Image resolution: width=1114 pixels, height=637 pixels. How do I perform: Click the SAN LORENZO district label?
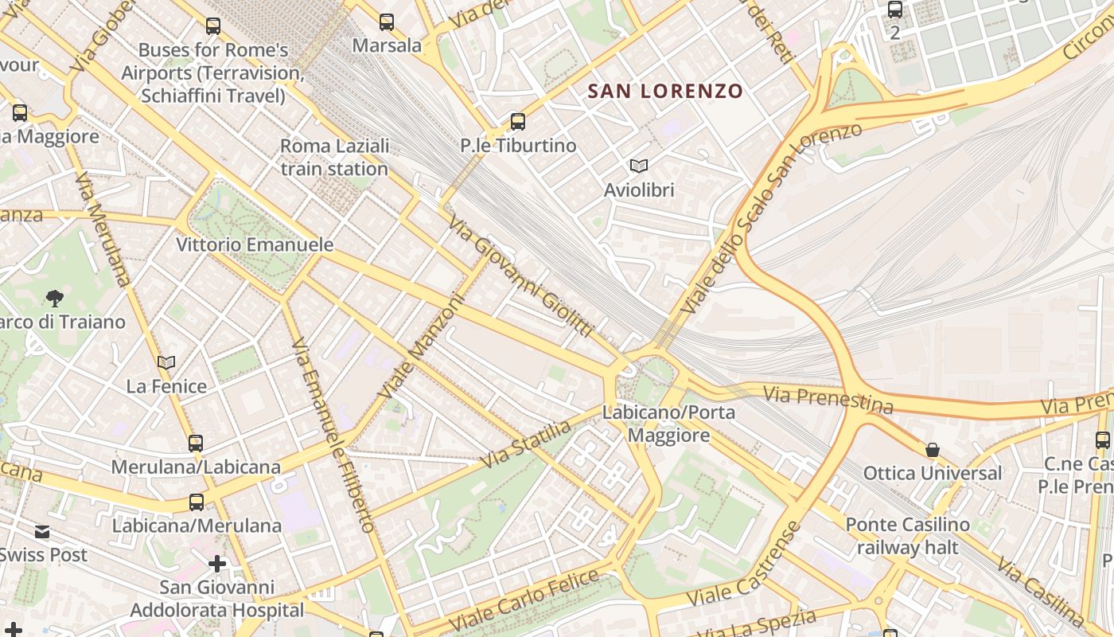[664, 91]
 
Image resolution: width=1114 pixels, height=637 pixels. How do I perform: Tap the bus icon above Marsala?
[387, 22]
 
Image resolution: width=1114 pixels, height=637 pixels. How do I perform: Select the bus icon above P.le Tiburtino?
[518, 122]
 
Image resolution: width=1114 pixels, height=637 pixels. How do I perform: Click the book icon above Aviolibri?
[638, 166]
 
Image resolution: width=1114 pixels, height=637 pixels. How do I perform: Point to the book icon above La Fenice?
[166, 363]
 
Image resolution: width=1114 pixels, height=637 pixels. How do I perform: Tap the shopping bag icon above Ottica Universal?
[933, 451]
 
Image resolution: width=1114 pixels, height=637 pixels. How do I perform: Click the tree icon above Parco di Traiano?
[55, 299]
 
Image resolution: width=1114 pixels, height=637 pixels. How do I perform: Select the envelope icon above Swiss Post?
[41, 531]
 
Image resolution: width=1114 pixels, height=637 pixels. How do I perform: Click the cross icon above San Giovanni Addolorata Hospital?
[216, 564]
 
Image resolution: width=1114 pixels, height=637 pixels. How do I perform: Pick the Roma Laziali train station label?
[334, 158]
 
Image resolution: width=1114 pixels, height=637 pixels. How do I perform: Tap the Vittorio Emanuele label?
[255, 244]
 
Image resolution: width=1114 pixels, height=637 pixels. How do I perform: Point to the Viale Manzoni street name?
[421, 346]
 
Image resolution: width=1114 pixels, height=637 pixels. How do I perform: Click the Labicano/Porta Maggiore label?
[668, 424]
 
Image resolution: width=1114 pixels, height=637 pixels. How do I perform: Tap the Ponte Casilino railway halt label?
[907, 536]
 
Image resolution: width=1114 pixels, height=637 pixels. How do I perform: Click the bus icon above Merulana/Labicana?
[196, 444]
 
